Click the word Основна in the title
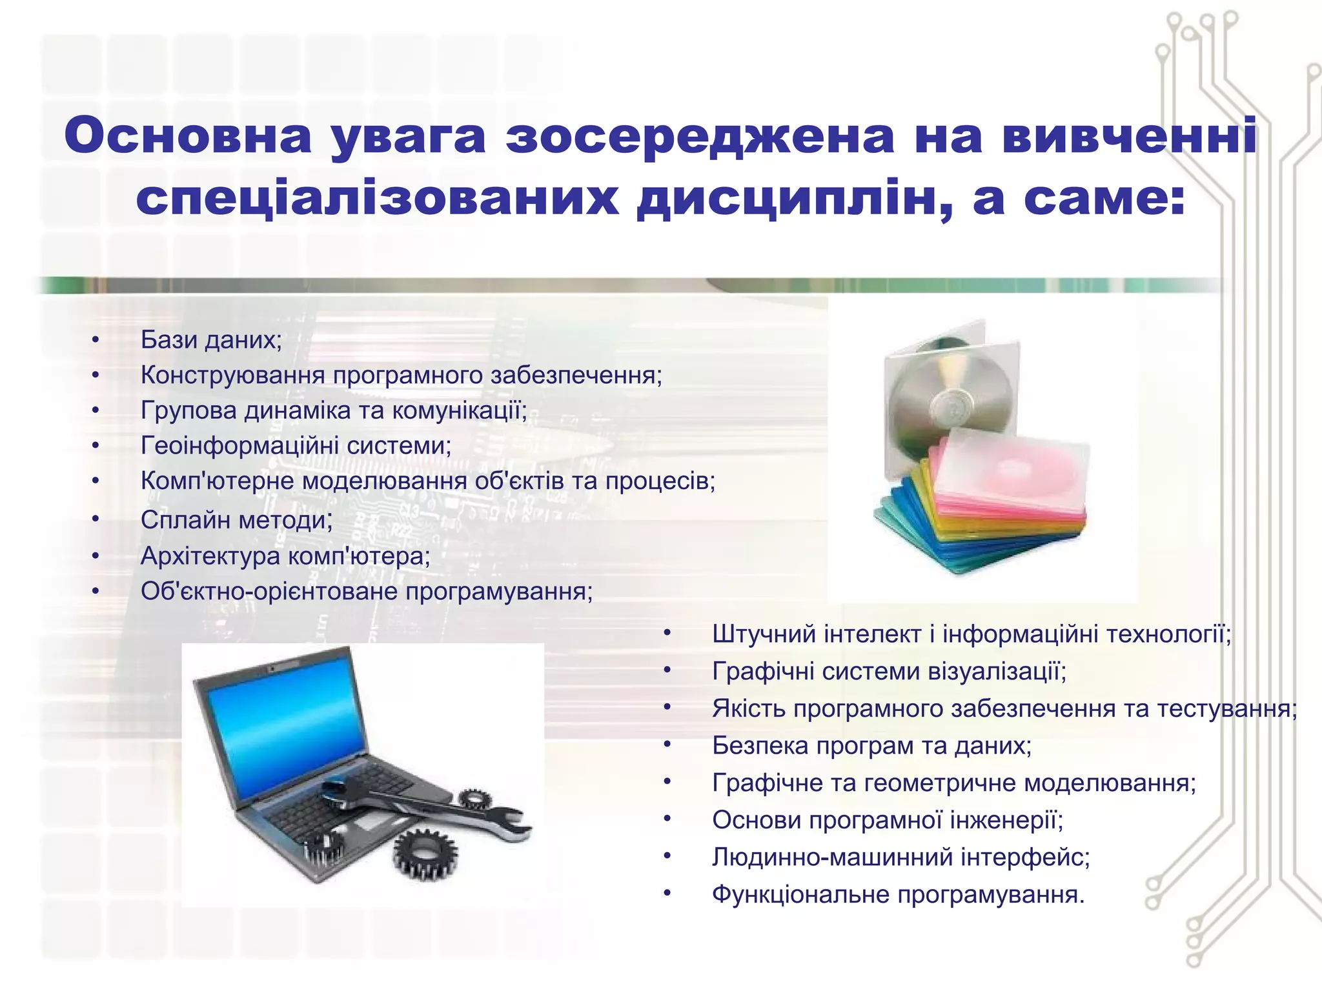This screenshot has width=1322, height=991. [188, 136]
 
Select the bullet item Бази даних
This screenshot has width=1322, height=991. [211, 340]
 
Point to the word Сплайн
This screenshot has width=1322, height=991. [185, 520]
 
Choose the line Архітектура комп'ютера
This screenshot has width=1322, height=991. [285, 556]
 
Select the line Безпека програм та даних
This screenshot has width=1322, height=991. [871, 746]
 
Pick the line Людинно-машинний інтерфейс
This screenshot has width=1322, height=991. [900, 857]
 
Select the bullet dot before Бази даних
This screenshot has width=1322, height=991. [96, 340]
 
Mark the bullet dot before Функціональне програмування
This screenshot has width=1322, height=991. [667, 894]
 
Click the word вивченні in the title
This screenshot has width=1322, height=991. [1130, 136]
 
